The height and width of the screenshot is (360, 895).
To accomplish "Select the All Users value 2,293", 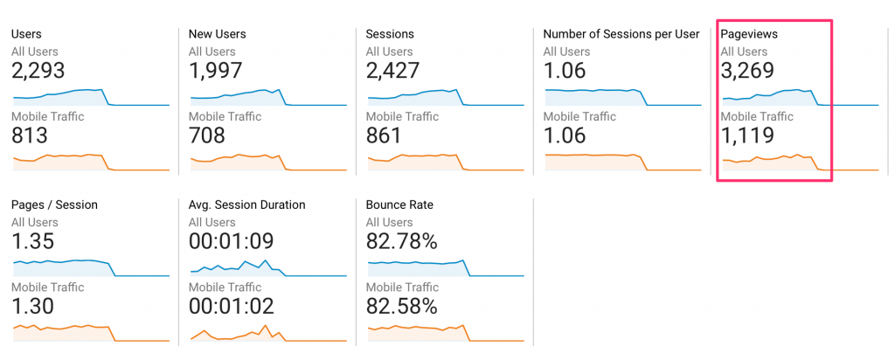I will pos(38,70).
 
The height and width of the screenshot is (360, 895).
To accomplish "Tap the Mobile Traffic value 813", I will pos(30,135).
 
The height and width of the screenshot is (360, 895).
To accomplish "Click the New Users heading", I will pos(217,34).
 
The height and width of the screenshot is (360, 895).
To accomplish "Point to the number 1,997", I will pos(215,70).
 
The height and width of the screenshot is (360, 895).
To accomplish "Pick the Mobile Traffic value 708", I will pos(207,135).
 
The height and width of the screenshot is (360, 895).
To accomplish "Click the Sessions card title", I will pos(390,34).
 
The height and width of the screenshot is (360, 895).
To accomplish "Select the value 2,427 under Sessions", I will pos(392,70).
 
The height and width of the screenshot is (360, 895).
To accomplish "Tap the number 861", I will pos(384,135).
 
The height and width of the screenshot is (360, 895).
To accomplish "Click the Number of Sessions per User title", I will pos(621,34).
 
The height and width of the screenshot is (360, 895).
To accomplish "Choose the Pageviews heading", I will pos(749,34).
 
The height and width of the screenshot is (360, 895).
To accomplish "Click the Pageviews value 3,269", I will pos(746,70).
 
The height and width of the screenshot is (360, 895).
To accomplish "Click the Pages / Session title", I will pos(54,204).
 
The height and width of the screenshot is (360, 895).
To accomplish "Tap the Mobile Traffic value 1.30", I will pos(33,306).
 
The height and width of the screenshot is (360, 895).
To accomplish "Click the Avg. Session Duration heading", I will pos(246,204).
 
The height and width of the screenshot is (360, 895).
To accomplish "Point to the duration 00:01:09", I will pos(232,240).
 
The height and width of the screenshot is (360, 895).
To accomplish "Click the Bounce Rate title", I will pos(399,204).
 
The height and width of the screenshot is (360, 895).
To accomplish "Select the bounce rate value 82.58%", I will pos(401,306).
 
